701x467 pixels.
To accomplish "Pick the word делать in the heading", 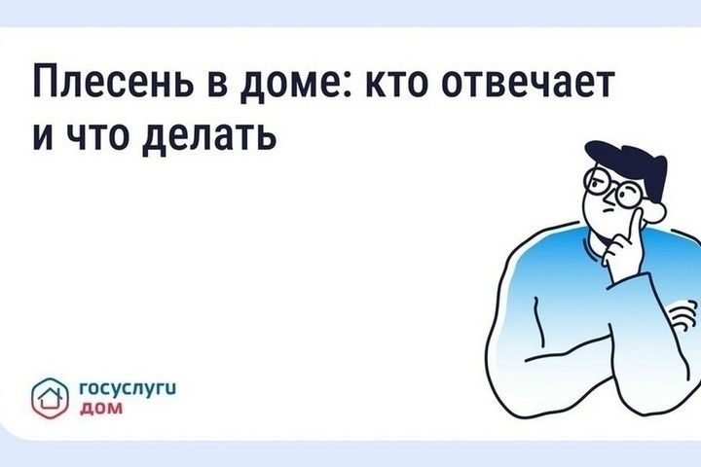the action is pyautogui.click(x=208, y=137).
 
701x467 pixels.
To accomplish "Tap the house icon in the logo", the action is pyautogui.click(x=50, y=398).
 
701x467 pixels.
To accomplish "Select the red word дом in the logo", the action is pyautogui.click(x=100, y=408).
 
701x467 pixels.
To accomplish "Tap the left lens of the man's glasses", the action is pyautogui.click(x=597, y=181).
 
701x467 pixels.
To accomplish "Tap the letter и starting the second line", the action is pyautogui.click(x=44, y=135).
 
